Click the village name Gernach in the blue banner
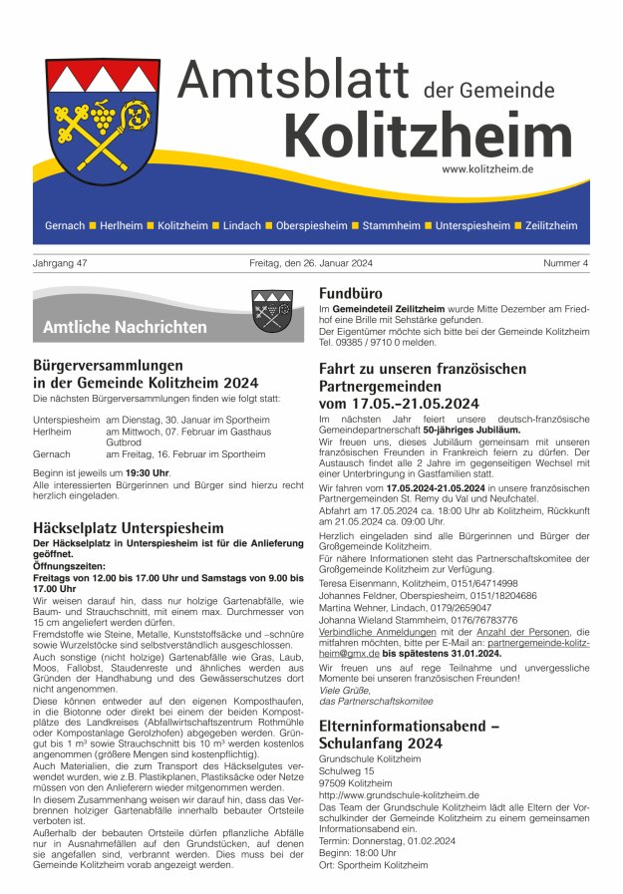[x=65, y=226]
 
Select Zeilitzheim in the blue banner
[x=551, y=226]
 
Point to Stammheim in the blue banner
[x=391, y=226]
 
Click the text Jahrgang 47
[x=59, y=263]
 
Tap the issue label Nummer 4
[x=566, y=263]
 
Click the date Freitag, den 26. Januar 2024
[x=311, y=263]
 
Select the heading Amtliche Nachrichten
[x=125, y=327]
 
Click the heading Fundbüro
[x=354, y=294]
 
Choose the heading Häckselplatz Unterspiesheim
[x=129, y=527]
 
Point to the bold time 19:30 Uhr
[x=147, y=472]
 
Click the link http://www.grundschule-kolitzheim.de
[x=399, y=795]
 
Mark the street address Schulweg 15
[x=346, y=771]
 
